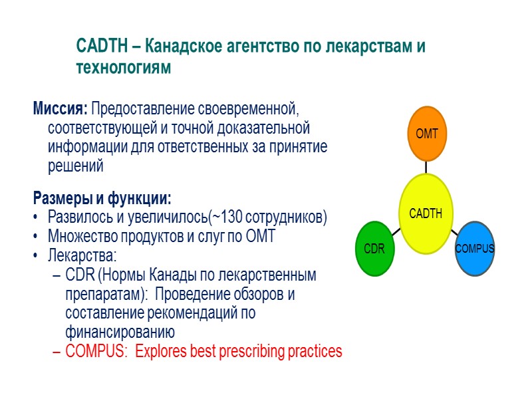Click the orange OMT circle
pyautogui.click(x=427, y=134)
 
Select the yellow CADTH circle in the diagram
pyautogui.click(x=426, y=213)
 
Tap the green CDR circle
pyautogui.click(x=375, y=248)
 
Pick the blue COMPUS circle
pyautogui.click(x=475, y=248)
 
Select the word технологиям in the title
pyautogui.click(x=124, y=68)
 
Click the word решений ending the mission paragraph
pyautogui.click(x=76, y=166)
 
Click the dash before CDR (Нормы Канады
pyautogui.click(x=57, y=275)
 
